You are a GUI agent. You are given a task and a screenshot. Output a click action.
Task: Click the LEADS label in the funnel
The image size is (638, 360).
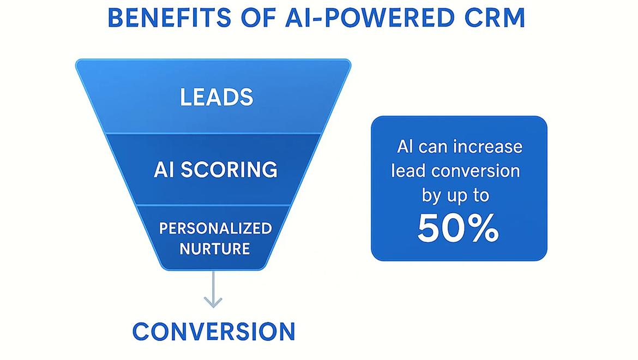(x=216, y=98)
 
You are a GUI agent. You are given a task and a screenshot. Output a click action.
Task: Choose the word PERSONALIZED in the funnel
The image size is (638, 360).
(x=215, y=228)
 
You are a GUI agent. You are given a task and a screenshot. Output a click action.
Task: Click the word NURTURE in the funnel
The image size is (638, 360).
(x=215, y=249)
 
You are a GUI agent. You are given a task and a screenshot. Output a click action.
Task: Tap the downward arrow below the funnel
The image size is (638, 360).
(x=213, y=289)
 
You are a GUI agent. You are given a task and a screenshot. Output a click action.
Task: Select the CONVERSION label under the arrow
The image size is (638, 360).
(x=214, y=332)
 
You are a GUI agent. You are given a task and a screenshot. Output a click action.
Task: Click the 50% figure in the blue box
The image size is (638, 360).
(x=458, y=228)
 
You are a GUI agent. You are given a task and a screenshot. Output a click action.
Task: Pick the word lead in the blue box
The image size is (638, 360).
(x=407, y=171)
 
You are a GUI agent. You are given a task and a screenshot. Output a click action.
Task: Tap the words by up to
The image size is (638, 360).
(x=455, y=195)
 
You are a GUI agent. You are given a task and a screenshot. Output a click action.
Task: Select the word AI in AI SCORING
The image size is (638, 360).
(x=164, y=170)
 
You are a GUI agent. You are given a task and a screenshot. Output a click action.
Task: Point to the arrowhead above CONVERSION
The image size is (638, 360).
(x=213, y=301)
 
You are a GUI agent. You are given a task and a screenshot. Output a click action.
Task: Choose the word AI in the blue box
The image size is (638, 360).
(x=405, y=147)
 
